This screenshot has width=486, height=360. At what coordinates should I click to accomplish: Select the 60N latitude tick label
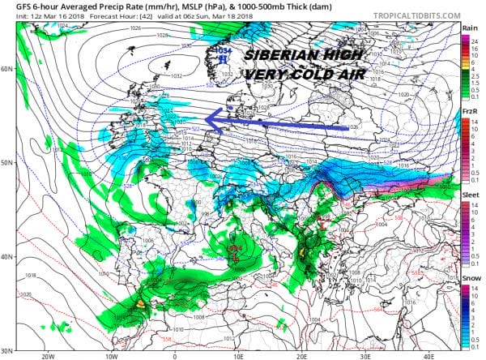7,68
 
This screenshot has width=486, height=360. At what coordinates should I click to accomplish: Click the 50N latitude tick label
7,163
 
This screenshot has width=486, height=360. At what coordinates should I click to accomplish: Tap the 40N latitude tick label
7,257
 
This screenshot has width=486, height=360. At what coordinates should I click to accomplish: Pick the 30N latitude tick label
7,350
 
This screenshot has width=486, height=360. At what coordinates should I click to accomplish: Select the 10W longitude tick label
111,355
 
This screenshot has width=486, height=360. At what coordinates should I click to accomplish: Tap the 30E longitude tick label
365,355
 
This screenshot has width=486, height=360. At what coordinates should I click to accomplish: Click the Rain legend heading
469,28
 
